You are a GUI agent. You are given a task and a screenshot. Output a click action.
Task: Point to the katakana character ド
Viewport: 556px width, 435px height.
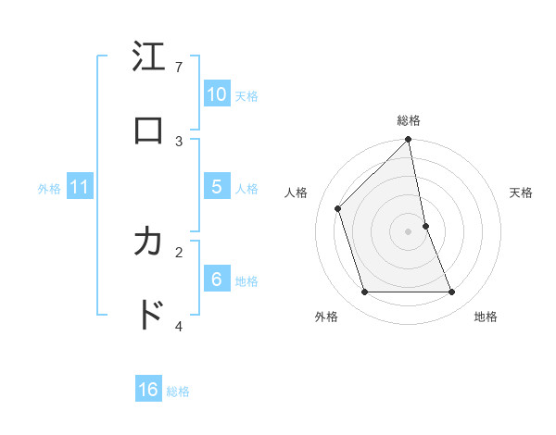point(148,314)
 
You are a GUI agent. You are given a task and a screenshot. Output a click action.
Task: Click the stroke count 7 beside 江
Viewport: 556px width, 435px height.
point(179,68)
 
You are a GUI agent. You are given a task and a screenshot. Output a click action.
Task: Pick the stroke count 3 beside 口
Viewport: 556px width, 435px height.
point(179,141)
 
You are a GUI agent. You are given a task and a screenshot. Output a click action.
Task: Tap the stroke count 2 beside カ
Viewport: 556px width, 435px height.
point(179,251)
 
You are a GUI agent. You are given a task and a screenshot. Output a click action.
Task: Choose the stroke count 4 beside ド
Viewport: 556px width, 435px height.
point(179,325)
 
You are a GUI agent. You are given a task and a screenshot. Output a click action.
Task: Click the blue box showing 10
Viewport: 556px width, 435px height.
point(217,94)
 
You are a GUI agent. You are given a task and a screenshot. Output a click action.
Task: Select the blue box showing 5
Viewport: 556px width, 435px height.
point(217,187)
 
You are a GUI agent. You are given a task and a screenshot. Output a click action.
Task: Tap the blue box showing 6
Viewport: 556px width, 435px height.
point(217,280)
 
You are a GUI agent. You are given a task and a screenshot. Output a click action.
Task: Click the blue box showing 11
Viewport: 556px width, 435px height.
point(80,187)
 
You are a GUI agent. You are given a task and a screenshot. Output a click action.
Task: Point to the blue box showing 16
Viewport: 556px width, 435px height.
point(148,390)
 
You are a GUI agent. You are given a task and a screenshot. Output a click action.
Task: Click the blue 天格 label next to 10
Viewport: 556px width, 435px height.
point(246,96)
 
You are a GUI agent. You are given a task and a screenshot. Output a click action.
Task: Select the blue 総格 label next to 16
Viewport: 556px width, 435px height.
point(178,391)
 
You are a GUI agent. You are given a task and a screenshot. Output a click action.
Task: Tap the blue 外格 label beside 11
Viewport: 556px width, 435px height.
point(49,189)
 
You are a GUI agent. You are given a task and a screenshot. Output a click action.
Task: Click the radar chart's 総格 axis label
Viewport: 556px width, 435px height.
point(409,120)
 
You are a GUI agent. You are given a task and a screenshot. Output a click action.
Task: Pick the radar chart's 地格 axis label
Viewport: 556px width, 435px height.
point(486,317)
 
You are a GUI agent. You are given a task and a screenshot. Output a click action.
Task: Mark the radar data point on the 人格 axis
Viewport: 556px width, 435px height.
point(338,208)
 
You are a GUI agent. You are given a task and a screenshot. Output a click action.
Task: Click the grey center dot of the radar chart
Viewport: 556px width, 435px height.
point(409,231)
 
